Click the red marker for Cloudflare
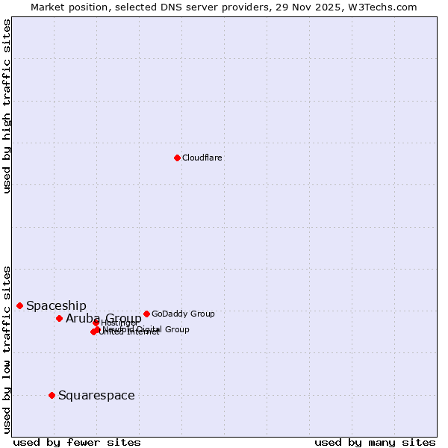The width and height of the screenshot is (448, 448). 177,158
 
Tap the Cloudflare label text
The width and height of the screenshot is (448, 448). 202,158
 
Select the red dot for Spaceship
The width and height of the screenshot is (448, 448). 19,305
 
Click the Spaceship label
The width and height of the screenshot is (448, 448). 56,305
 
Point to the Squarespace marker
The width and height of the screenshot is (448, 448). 52,395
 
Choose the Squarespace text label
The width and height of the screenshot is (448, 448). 96,395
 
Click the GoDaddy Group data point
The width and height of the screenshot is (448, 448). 146,314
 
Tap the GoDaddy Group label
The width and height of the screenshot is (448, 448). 183,314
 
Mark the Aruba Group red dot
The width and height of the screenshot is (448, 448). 59,318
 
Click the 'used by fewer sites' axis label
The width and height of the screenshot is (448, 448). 77,442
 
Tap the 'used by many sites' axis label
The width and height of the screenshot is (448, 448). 375,442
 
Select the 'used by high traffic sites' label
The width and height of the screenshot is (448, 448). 7,106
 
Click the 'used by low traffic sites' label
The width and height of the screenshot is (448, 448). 7,349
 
